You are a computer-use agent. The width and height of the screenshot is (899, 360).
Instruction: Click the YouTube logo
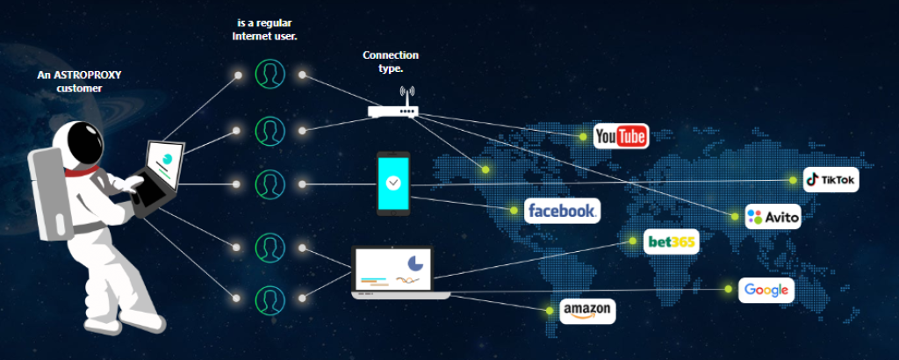click(621, 136)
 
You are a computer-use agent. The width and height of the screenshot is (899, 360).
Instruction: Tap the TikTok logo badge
click(831, 180)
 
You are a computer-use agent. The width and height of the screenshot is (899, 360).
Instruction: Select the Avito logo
click(773, 216)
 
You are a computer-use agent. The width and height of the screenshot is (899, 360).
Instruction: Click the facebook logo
click(562, 211)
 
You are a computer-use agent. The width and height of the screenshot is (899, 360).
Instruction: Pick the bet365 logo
click(672, 241)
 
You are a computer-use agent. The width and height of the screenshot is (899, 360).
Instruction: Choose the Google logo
click(766, 291)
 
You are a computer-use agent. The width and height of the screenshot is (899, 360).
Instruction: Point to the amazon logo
click(587, 311)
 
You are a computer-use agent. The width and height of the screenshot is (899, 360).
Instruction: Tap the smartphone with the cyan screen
click(393, 184)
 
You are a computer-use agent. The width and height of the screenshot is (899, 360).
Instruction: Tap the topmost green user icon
click(269, 75)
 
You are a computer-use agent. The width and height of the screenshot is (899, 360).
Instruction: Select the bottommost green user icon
click(269, 299)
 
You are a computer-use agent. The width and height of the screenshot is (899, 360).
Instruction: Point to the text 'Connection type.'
click(391, 61)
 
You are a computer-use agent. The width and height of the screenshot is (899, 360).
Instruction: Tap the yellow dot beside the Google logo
click(727, 288)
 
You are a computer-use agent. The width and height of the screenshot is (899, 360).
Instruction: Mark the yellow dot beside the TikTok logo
click(793, 180)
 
